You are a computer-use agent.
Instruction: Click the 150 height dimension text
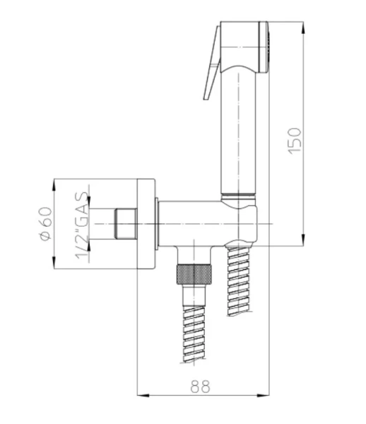[x=295, y=141]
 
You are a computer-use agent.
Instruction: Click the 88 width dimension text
[x=200, y=387]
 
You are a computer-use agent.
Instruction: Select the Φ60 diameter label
[x=45, y=223]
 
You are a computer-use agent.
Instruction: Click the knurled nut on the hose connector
[x=194, y=274]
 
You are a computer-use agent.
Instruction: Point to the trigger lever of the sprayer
[x=212, y=63]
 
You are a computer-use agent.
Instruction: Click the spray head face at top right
[x=264, y=47]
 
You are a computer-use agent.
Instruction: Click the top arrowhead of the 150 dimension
[x=304, y=27]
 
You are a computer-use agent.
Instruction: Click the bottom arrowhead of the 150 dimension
[x=304, y=240]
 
